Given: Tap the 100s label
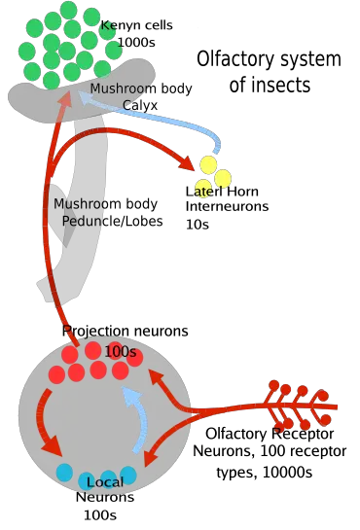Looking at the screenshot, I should [x=120, y=352].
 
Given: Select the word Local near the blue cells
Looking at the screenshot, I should [x=105, y=482].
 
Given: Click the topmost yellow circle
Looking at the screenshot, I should [x=208, y=164].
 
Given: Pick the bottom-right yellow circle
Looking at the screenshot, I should [x=223, y=179].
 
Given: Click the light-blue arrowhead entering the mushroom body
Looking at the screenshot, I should [x=94, y=95].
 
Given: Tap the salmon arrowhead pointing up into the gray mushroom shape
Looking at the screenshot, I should [x=64, y=100].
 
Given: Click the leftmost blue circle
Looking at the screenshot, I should [x=65, y=473].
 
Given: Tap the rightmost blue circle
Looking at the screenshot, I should [x=127, y=474].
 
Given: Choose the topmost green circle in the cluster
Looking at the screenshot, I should [x=68, y=10].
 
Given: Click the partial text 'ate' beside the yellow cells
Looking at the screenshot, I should [x=203, y=192].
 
